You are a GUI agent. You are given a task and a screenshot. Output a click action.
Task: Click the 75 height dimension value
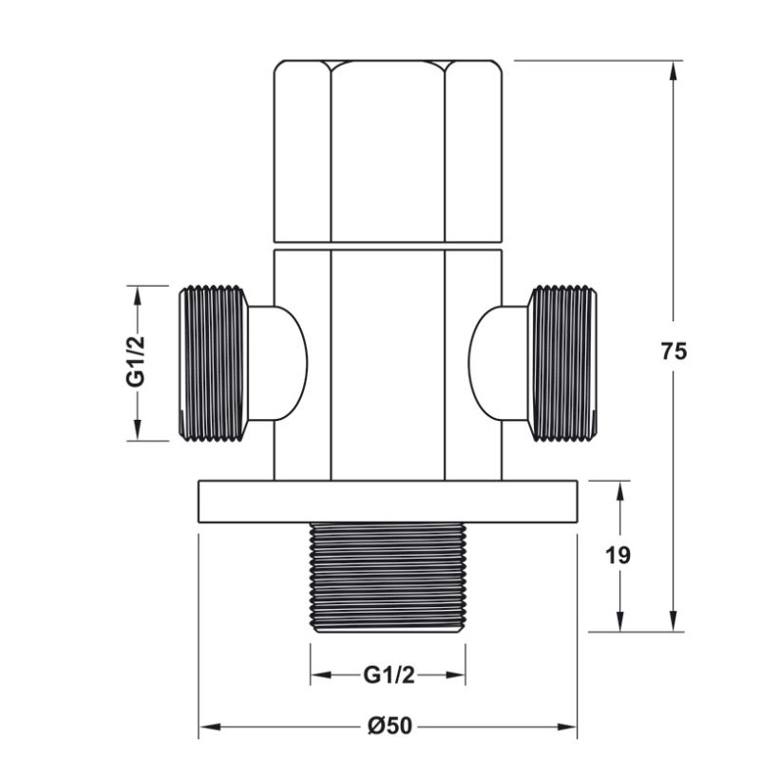(x=674, y=351)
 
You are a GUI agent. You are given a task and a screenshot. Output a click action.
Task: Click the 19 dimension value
(x=618, y=554)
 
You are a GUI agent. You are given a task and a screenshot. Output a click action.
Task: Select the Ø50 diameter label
(x=389, y=726)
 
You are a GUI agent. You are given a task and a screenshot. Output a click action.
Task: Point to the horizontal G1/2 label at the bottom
(x=389, y=675)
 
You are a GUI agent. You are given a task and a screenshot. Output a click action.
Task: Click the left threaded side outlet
(x=213, y=362)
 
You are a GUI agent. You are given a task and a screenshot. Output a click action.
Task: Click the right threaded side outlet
(x=563, y=362)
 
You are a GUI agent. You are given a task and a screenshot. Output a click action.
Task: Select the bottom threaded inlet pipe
(x=388, y=577)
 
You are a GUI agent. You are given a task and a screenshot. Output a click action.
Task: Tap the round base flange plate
(x=388, y=501)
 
